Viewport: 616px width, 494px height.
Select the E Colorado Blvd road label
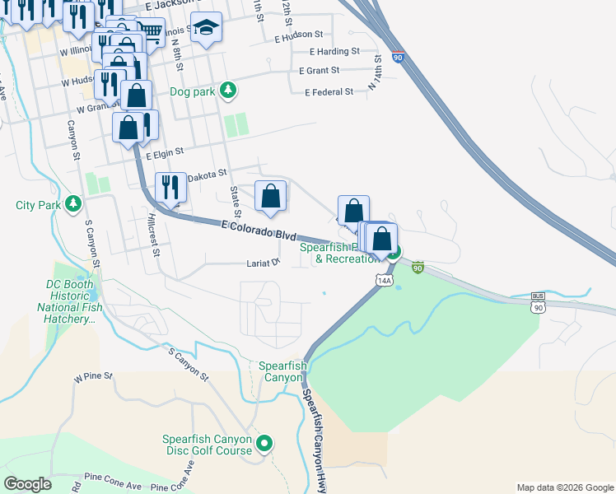(259, 230)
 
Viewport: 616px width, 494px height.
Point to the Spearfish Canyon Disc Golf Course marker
(264, 445)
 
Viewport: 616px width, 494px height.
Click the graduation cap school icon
(205, 26)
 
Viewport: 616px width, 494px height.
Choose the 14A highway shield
(384, 281)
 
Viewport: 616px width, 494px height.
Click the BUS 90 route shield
(539, 301)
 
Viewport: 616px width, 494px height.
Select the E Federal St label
(329, 92)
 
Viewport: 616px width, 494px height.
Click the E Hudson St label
(299, 35)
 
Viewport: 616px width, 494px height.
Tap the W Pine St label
(92, 377)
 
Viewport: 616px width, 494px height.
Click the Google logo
(28, 483)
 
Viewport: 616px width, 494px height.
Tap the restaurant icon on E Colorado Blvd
(170, 185)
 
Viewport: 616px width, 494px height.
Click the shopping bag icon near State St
(270, 195)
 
